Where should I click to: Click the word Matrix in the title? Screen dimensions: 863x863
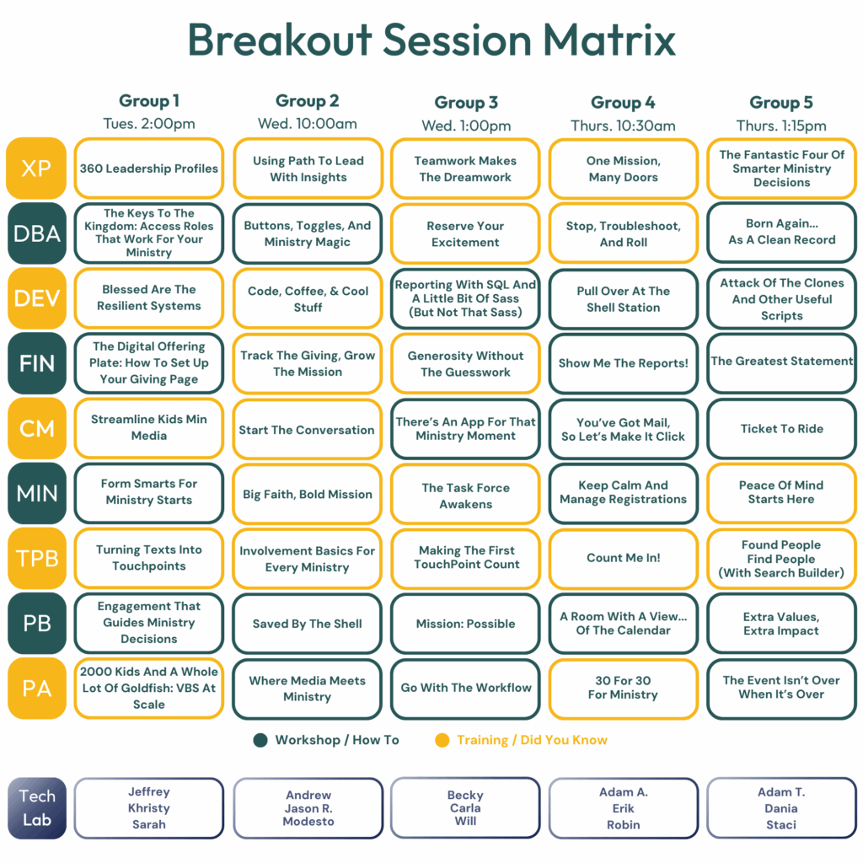[x=609, y=40]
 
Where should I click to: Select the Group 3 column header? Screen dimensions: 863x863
[x=465, y=102]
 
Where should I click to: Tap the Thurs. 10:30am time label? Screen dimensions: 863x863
[x=623, y=126]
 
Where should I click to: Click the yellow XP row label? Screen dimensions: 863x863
[x=36, y=168]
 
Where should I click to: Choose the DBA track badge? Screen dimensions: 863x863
[x=37, y=233]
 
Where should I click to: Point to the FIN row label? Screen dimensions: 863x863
[x=37, y=363]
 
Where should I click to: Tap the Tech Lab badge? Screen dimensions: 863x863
[x=37, y=808]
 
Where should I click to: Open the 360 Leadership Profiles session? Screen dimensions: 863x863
[x=149, y=169]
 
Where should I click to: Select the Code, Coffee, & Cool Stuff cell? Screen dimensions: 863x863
[x=308, y=299]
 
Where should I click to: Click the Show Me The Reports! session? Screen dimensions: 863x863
[x=624, y=363]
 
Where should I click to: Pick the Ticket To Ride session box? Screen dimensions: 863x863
[x=781, y=429]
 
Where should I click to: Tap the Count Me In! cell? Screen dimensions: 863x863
[x=624, y=558]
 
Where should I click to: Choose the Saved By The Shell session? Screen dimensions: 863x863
[x=308, y=624]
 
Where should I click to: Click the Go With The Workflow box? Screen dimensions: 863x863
[x=465, y=689]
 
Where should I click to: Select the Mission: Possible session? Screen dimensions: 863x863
[x=465, y=624]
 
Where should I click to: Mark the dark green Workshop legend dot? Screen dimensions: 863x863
[x=260, y=740]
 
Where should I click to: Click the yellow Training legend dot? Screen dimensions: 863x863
[x=442, y=740]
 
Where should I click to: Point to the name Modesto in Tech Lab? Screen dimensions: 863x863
[x=308, y=822]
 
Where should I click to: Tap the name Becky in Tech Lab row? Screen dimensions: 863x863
[x=465, y=796]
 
